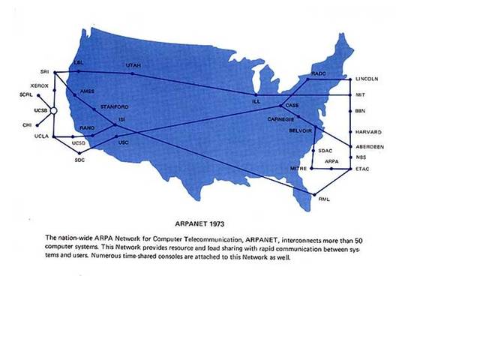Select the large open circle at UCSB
tap(53, 111)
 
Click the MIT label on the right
tap(361, 95)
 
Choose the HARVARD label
tap(368, 132)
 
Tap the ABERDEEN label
tap(370, 147)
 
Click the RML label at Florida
tap(325, 199)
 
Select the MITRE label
tap(298, 170)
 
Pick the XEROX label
tap(40, 86)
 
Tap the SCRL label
tap(26, 96)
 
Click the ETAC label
tap(363, 169)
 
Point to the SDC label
tap(80, 160)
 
